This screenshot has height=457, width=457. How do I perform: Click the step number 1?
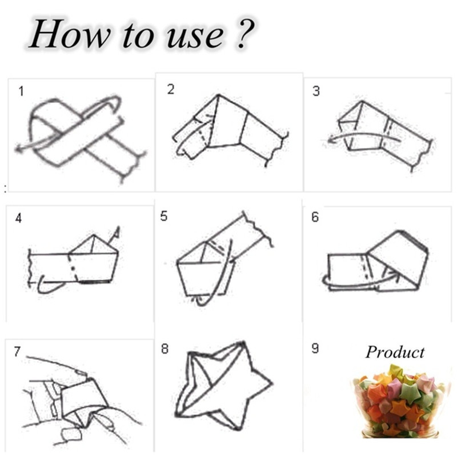(x=21, y=91)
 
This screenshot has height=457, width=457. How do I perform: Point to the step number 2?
(x=171, y=89)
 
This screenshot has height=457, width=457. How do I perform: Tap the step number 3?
(x=316, y=91)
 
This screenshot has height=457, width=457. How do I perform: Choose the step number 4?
(x=18, y=218)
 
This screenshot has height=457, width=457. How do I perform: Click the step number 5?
(x=164, y=217)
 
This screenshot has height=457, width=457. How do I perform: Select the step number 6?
(x=315, y=217)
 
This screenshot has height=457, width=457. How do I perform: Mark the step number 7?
(x=17, y=351)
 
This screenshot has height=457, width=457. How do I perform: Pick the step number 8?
(x=165, y=348)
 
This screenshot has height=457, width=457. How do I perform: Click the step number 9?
(x=315, y=348)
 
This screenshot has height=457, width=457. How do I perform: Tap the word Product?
(x=395, y=352)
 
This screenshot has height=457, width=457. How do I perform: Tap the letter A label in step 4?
(x=117, y=232)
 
